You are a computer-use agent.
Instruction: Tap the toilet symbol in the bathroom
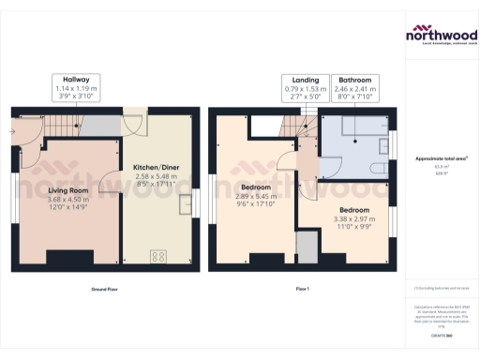click(x=380, y=168)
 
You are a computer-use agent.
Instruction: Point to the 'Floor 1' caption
click(x=302, y=289)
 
